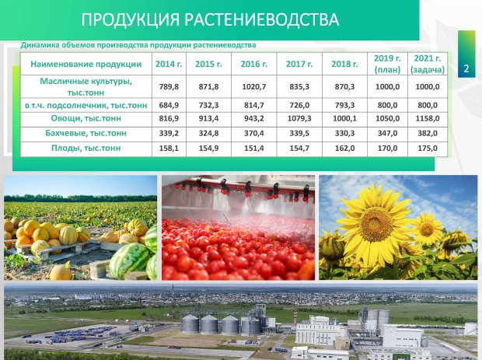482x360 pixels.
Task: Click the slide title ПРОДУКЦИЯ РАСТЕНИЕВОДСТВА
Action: [210, 19]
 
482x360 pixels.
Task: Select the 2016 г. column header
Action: [254, 64]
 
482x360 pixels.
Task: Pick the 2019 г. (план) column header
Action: [387, 64]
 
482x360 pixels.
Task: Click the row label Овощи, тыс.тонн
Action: [86, 118]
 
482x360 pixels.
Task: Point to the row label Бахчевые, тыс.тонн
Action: [86, 133]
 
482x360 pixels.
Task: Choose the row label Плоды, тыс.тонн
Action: [86, 148]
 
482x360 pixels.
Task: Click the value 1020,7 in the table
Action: [254, 86]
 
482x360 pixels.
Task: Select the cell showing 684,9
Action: [169, 106]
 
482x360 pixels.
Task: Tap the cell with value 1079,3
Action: [299, 118]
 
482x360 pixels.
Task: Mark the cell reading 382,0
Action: [428, 133]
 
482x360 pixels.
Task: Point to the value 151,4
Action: [254, 148]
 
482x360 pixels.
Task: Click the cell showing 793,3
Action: [344, 106]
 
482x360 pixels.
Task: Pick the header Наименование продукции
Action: [86, 64]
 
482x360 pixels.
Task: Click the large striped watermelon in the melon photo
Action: [129, 260]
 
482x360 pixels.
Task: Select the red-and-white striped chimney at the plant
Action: [295, 317]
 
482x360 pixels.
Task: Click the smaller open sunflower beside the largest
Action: [427, 229]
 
